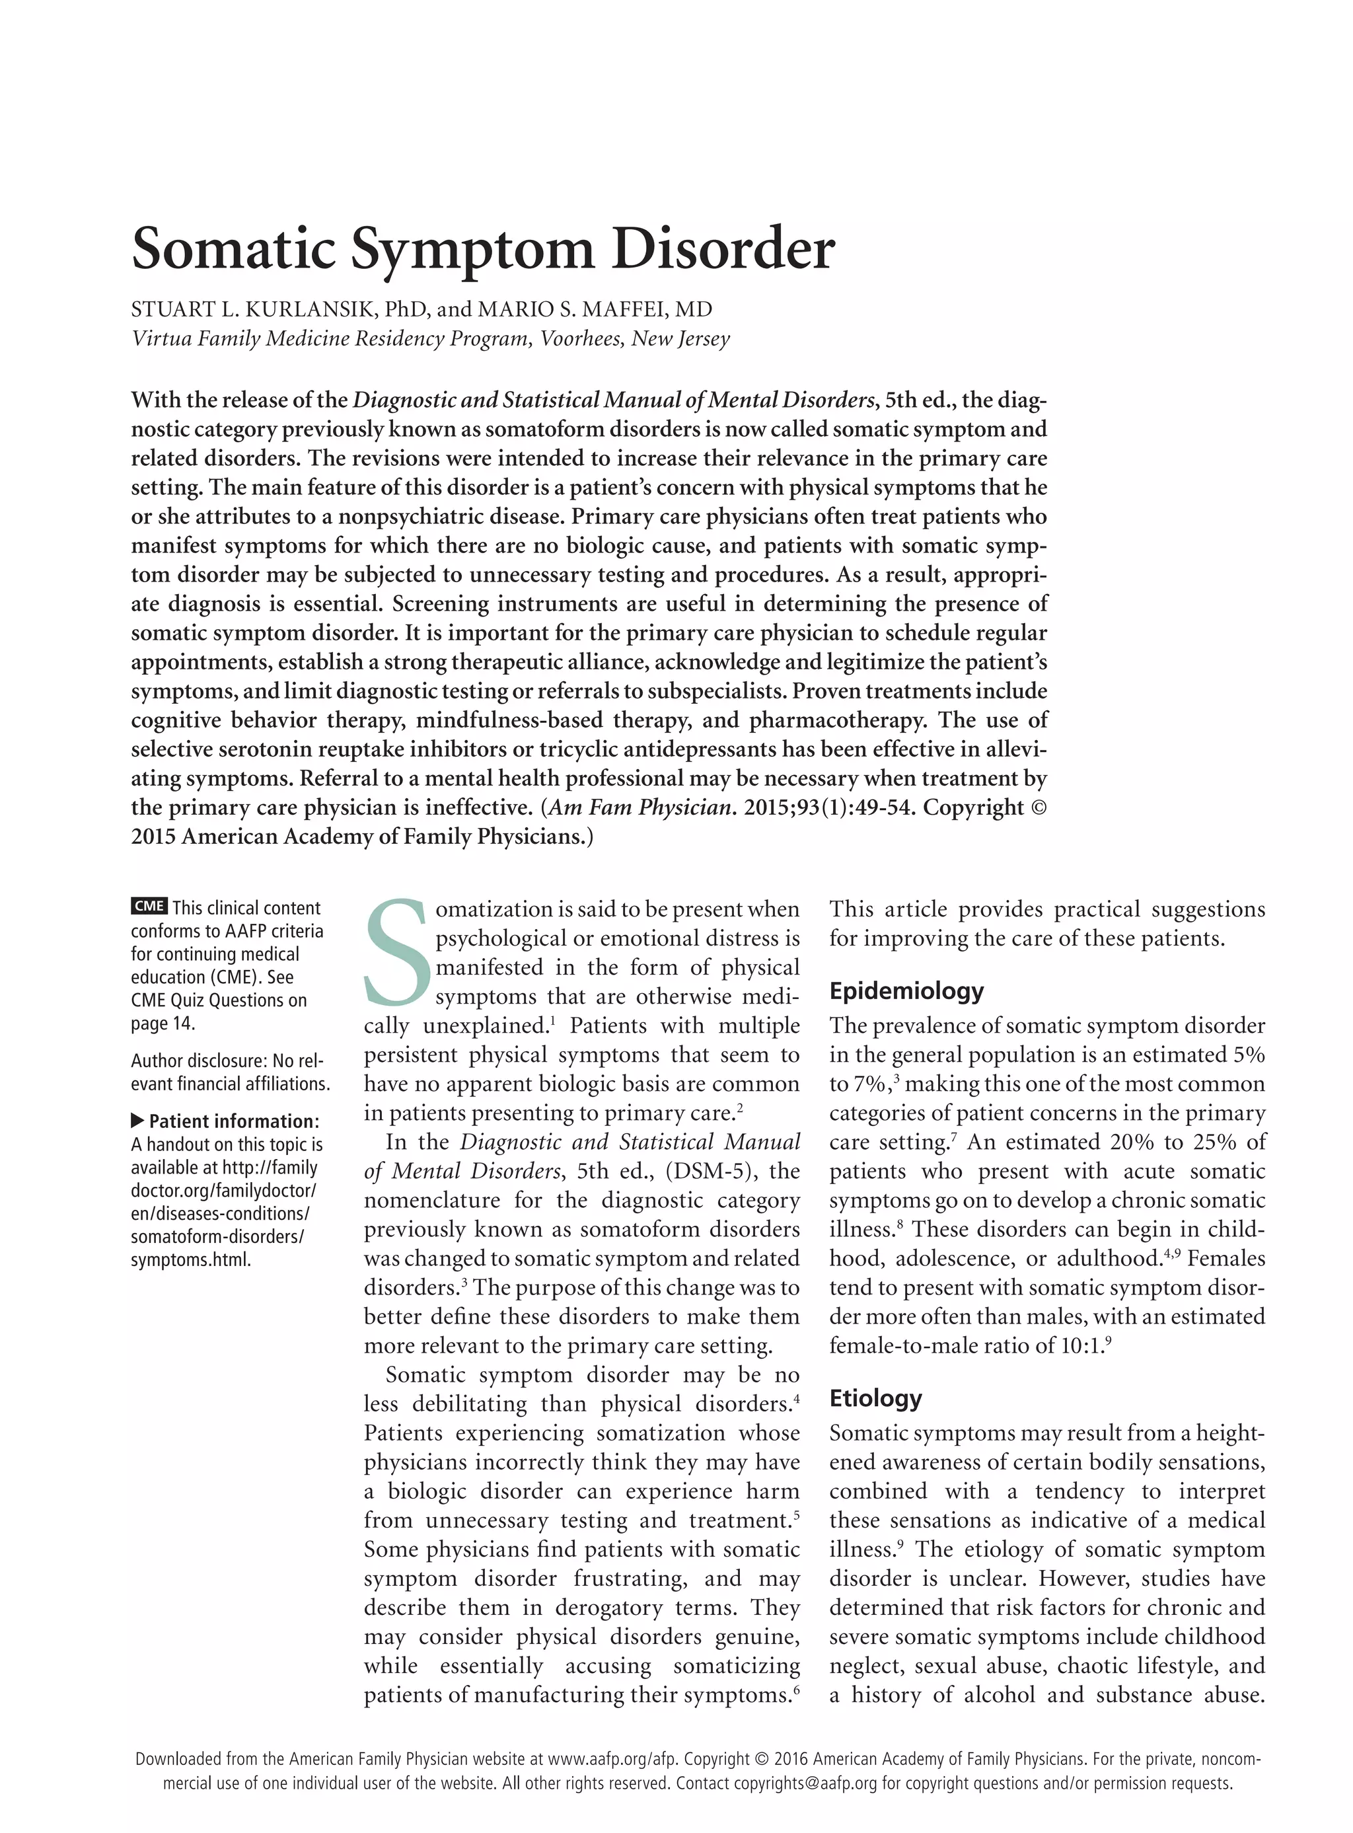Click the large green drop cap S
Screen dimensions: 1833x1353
pos(397,953)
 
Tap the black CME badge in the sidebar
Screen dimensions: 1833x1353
pos(149,906)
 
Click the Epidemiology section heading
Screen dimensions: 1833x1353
pos(906,991)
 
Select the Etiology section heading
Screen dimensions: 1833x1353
pos(875,1398)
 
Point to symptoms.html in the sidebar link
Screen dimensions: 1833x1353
pos(190,1259)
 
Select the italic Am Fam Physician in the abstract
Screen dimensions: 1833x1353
pos(640,807)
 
